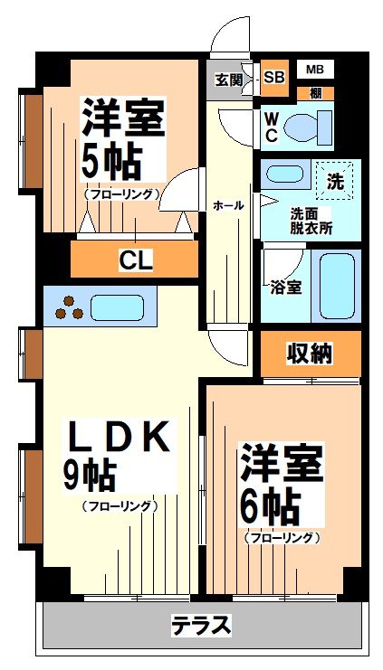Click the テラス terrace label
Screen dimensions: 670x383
tap(201, 625)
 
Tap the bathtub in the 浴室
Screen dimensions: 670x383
tap(337, 284)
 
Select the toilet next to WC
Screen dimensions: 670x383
tap(305, 129)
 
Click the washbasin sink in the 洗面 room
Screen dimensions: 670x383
tap(287, 176)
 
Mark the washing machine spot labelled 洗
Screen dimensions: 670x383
tap(334, 180)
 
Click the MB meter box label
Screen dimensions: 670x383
tap(314, 69)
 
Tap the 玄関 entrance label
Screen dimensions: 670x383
tap(228, 79)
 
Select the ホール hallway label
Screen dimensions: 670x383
tap(227, 205)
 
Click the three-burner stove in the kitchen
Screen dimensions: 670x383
tap(69, 307)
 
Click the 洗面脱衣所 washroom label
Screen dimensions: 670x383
tap(311, 221)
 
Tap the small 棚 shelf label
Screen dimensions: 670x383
tap(314, 92)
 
